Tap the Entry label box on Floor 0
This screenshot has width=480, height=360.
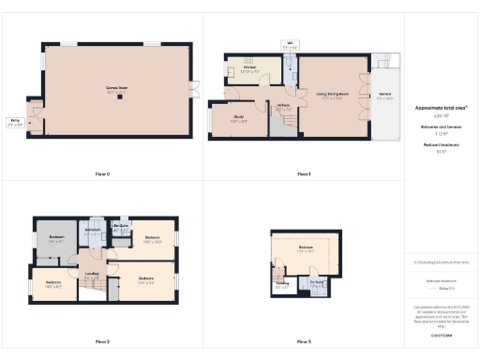coord(15,123)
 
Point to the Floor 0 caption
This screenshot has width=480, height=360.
coord(103,174)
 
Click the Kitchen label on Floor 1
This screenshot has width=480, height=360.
coord(250,68)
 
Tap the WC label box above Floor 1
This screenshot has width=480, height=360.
coord(291,43)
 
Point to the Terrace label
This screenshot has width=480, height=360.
coord(385,96)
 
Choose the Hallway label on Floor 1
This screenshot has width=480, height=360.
coord(282,105)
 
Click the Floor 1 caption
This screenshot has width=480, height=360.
coord(304,174)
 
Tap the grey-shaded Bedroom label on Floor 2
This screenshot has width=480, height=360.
coord(57,238)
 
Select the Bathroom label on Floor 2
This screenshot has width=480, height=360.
coord(93,231)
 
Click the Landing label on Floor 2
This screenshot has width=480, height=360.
coord(92,275)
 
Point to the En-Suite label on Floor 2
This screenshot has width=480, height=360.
coord(120,227)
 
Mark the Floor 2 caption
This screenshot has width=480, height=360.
coord(103,341)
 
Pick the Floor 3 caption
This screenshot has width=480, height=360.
coord(304,341)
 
